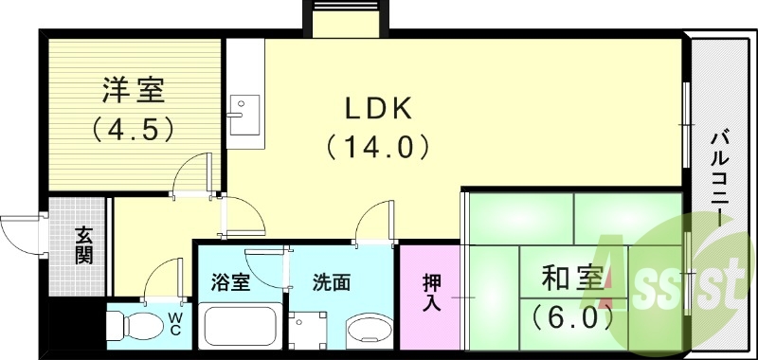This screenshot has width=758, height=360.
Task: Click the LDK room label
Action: [377, 109]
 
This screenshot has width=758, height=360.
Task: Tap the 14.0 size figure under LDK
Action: [377, 147]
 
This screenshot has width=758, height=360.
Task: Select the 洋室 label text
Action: [134, 92]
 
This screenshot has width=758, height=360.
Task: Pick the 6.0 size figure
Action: [571, 315]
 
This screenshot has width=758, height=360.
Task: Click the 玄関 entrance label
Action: [83, 245]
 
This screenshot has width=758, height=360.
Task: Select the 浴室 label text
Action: [230, 282]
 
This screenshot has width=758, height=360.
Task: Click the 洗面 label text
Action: [332, 282]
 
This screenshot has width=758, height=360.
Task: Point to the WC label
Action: [176, 322]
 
